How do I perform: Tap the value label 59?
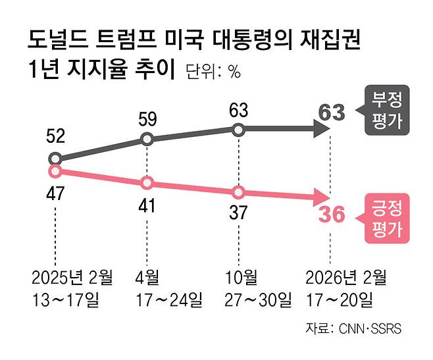click(147, 119)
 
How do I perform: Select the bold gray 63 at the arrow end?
click(331, 113)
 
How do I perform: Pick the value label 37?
click(239, 213)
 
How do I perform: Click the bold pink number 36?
click(331, 215)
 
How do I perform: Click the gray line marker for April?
click(147, 139)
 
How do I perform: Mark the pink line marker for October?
click(239, 193)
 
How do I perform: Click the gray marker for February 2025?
click(55, 159)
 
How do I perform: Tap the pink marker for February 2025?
click(55, 171)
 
